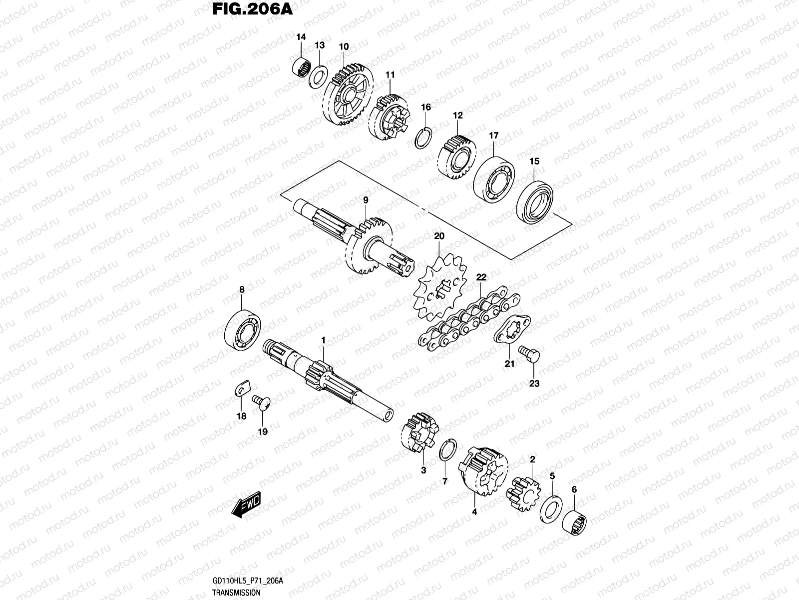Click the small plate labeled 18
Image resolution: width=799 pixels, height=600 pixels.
click(243, 388)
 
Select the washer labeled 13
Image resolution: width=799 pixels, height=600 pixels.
click(318, 76)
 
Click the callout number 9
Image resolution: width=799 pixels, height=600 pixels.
click(366, 200)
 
